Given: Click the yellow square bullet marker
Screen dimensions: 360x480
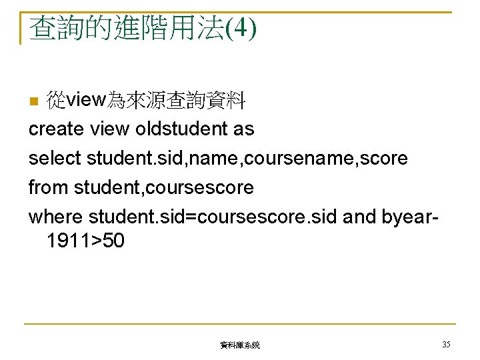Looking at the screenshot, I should tap(34, 102).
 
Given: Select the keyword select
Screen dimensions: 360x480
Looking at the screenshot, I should tap(55, 159).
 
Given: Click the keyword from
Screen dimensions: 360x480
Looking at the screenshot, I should tap(48, 187).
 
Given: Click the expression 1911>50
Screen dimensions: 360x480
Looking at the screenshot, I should tap(85, 241).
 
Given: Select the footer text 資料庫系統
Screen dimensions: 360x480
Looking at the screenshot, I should tap(239, 345).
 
